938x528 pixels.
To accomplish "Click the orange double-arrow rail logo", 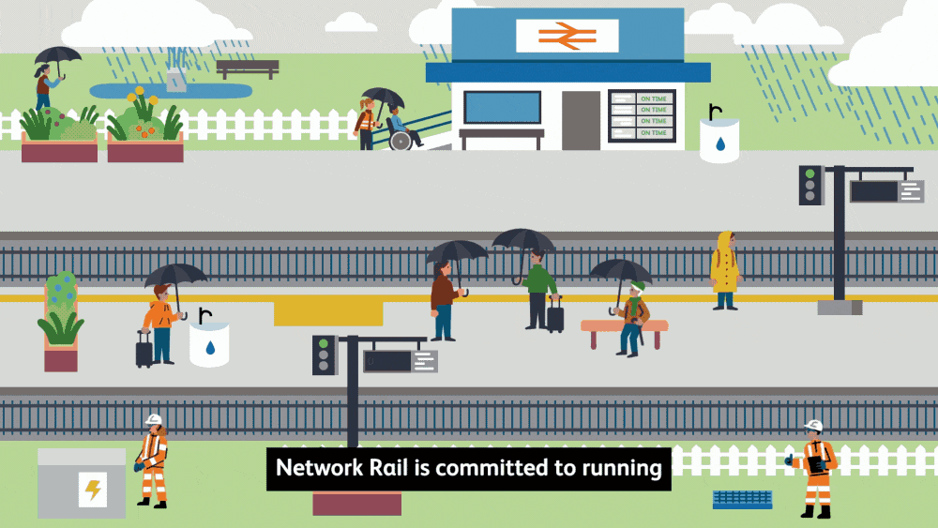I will (x=567, y=35).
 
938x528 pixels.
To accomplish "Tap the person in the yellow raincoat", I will (x=724, y=270).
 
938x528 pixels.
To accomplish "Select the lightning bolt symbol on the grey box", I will (x=93, y=490).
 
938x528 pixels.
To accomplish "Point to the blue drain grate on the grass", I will (x=742, y=500).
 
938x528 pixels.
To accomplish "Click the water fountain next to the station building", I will (x=719, y=140).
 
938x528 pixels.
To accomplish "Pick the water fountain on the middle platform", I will (x=209, y=343).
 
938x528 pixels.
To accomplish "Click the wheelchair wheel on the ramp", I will (x=401, y=141).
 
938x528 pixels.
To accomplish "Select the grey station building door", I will (x=581, y=120).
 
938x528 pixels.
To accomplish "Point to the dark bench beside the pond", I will (x=248, y=68).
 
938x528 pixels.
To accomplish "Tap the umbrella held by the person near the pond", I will (x=58, y=55).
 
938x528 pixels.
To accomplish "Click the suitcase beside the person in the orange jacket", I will (x=144, y=351).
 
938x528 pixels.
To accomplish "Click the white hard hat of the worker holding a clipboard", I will (x=813, y=427).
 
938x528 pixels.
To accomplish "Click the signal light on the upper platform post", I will (x=810, y=185).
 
